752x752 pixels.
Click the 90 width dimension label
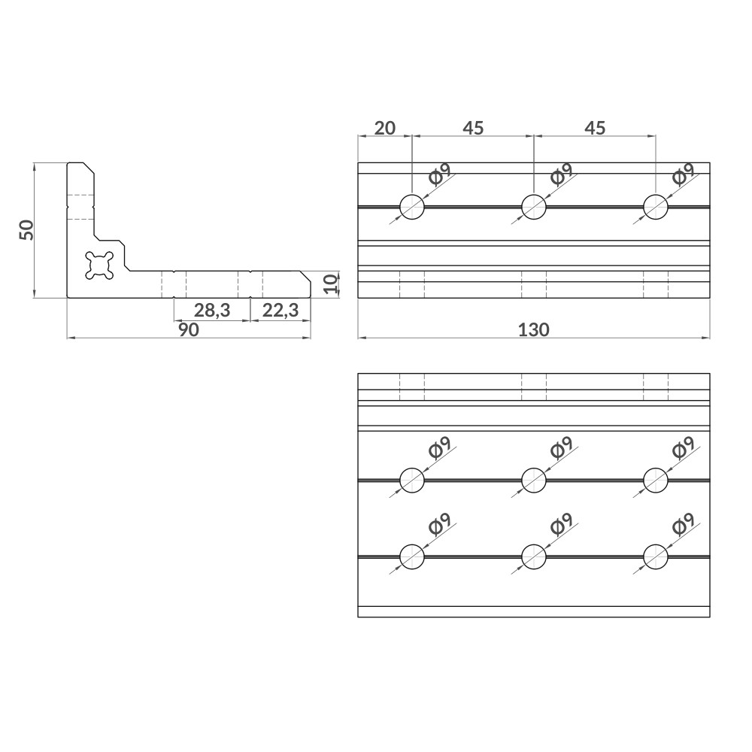[x=189, y=329]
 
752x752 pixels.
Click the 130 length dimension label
[x=534, y=329]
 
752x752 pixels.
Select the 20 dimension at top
[x=384, y=128]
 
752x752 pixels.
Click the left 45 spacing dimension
[x=472, y=128]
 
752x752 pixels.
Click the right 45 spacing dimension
[x=594, y=128]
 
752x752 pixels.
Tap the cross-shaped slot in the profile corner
[x=99, y=265]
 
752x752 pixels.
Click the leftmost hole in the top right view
[x=412, y=206]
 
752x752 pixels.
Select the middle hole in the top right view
[x=534, y=206]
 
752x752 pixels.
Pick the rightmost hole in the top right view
[x=656, y=206]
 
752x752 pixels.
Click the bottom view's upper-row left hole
[x=412, y=479]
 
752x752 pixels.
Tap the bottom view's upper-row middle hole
[x=534, y=479]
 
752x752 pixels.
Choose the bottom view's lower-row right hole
[x=656, y=556]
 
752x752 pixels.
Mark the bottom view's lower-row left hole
[x=412, y=556]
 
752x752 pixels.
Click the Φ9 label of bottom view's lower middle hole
[x=561, y=523]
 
